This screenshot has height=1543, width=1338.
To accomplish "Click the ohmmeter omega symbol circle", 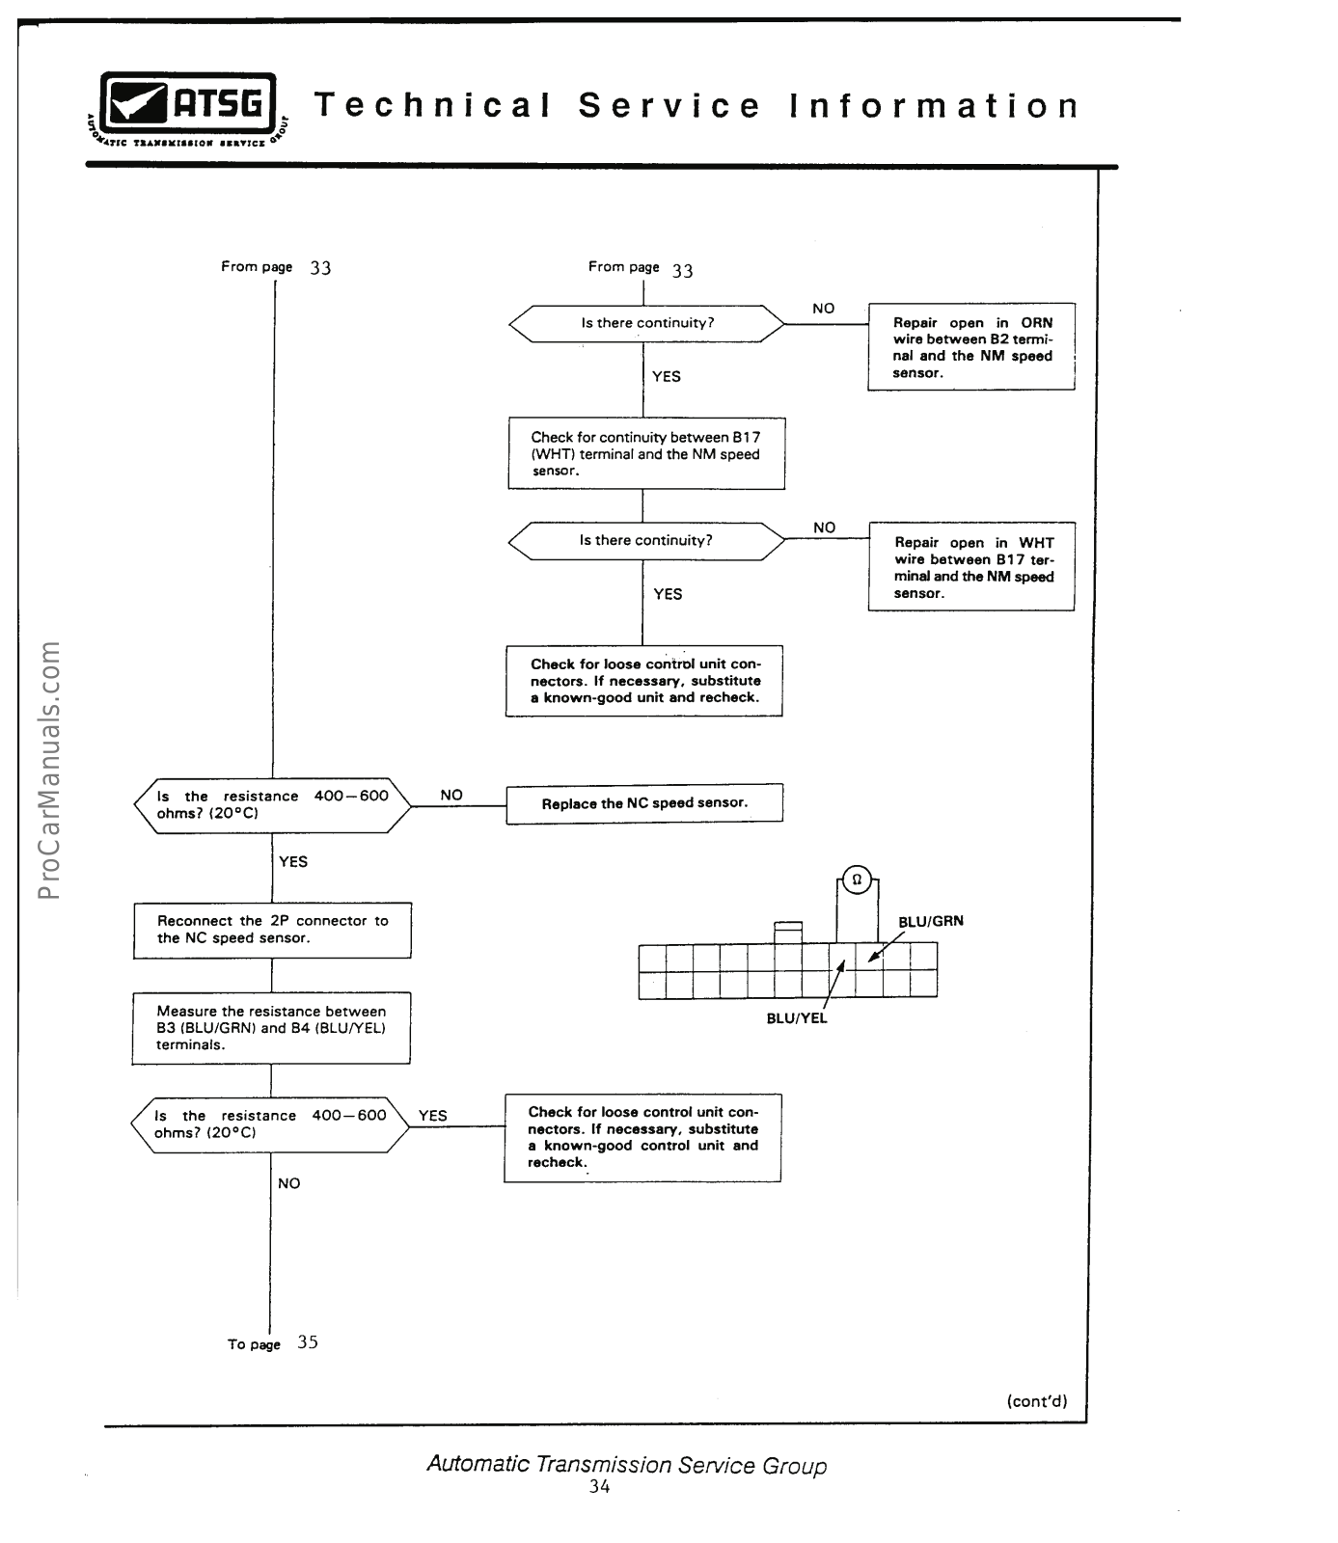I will point(857,880).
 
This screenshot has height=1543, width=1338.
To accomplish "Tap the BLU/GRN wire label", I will point(930,922).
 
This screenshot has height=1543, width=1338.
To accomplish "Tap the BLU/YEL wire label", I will point(797,1018).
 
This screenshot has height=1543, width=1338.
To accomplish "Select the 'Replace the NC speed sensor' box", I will point(644,803).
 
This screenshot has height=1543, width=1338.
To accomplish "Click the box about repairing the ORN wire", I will point(970,347).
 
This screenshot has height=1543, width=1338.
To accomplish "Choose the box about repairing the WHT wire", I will point(971,567).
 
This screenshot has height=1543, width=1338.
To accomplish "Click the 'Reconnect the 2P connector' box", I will point(272,930).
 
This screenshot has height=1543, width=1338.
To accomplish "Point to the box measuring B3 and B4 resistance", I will point(271,1028).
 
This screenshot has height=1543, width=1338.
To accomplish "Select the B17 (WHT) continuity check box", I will point(646,453).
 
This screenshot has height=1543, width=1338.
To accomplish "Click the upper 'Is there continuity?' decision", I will point(646,324).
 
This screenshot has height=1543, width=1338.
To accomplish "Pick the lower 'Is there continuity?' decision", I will point(646,541).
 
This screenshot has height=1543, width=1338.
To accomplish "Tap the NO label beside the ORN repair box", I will point(823,309).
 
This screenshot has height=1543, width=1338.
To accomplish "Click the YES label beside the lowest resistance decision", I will point(432,1116).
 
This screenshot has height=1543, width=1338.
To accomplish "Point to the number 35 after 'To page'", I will point(308,1342).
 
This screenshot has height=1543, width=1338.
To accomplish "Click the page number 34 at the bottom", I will point(599,1487).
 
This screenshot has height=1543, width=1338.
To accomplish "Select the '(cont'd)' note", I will point(1036,1401).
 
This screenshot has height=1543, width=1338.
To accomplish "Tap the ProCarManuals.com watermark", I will point(49,770).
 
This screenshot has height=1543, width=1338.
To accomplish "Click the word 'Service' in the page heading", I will point(669,106).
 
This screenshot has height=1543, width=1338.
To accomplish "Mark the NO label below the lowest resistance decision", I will point(288,1183).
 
